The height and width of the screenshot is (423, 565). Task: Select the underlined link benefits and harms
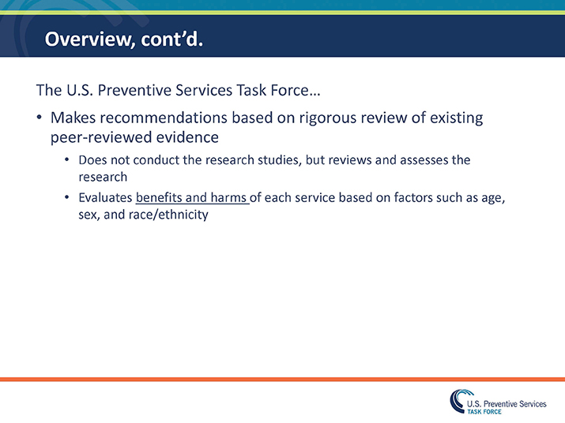(192, 198)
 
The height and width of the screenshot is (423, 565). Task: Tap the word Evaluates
(105, 198)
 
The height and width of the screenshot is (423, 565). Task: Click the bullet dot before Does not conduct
(67, 160)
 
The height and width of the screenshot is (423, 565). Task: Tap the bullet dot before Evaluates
(67, 198)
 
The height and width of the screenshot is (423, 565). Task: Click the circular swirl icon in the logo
(457, 401)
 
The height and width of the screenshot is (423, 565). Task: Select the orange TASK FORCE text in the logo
(484, 411)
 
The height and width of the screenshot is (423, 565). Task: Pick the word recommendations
(167, 118)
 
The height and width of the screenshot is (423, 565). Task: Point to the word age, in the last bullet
(493, 198)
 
